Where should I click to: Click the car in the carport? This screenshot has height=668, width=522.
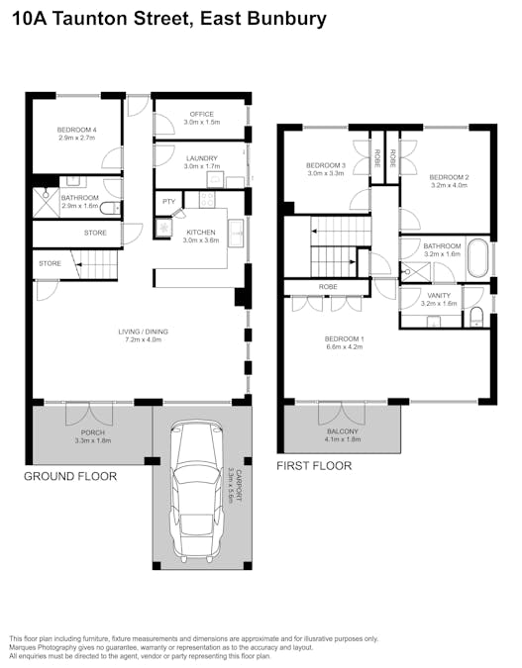(x=196, y=491)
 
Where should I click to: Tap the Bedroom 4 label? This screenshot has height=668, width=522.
(x=77, y=134)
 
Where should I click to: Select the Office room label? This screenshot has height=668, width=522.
(x=202, y=118)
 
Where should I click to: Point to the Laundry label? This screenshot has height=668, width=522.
(x=202, y=162)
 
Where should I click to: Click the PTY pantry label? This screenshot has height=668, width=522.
(x=168, y=202)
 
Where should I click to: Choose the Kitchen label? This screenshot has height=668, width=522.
(x=201, y=236)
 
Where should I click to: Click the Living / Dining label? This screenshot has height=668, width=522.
(x=143, y=335)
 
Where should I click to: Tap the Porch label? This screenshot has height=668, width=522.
(x=93, y=436)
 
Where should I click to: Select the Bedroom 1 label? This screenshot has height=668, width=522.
(x=344, y=342)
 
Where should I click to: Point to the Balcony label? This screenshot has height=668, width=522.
(x=343, y=435)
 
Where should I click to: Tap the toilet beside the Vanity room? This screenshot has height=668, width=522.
(x=476, y=317)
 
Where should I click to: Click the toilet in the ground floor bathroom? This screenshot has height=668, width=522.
(x=111, y=209)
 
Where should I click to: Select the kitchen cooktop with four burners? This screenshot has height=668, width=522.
(x=207, y=199)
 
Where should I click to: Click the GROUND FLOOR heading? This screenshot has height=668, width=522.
(x=70, y=476)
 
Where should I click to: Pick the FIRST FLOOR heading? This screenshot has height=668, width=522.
(x=314, y=466)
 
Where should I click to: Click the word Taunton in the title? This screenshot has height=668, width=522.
(x=90, y=19)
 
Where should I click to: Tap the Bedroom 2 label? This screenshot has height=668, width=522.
(x=449, y=181)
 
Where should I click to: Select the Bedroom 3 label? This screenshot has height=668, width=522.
(x=326, y=169)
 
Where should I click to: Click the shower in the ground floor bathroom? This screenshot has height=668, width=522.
(x=46, y=203)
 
